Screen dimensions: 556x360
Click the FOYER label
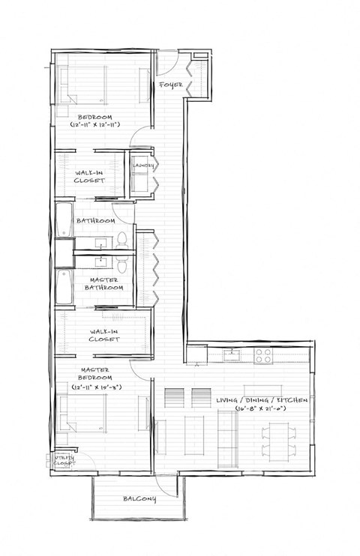[x=170, y=85]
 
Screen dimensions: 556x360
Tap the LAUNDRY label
[x=143, y=166]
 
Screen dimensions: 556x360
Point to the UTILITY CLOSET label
[x=64, y=461]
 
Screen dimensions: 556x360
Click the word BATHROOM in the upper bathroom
[x=96, y=222]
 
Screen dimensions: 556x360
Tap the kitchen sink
[x=233, y=354]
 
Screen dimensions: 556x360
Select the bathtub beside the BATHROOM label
[x=63, y=223]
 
